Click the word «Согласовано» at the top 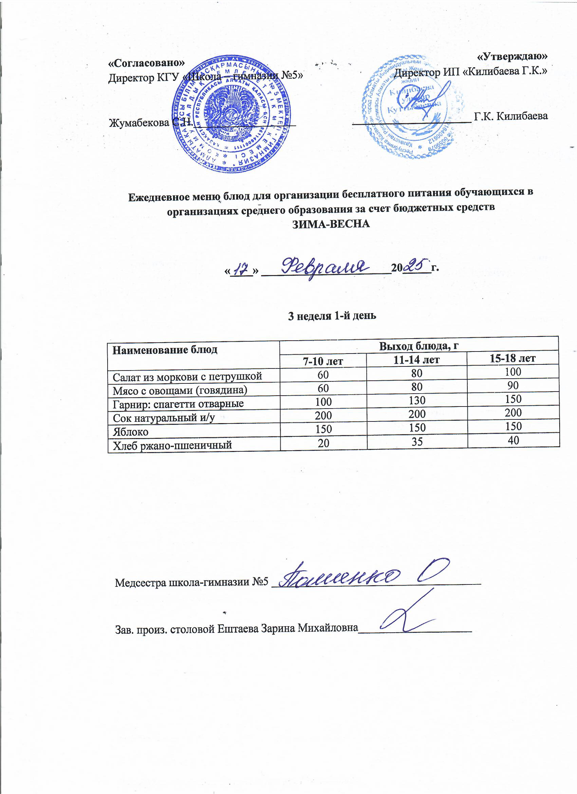click(147, 63)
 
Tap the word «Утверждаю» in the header click(512, 56)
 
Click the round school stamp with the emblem click(231, 114)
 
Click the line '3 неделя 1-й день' click(332, 316)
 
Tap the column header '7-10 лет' click(323, 361)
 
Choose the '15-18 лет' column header click(513, 358)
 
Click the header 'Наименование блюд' click(165, 349)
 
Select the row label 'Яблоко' click(131, 432)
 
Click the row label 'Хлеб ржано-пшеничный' click(172, 445)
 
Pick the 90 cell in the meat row click(513, 385)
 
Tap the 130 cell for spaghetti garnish click(417, 400)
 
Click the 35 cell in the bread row click(417, 442)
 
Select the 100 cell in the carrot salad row click(513, 372)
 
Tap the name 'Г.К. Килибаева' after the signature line click(510, 116)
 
